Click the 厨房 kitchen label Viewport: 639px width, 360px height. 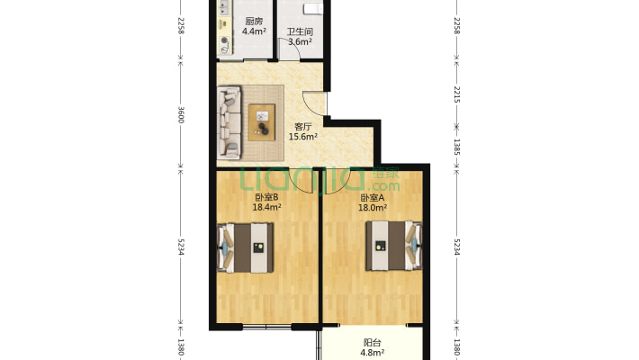point(254,22)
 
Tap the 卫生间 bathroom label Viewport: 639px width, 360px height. point(300,31)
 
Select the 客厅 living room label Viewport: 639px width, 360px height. point(302,126)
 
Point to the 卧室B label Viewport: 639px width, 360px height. point(266,197)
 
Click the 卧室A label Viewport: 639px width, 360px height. point(372,198)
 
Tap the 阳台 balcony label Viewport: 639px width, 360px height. point(372,343)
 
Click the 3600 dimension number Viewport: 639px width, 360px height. point(181,115)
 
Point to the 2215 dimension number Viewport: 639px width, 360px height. point(457,95)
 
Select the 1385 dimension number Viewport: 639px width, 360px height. point(457,148)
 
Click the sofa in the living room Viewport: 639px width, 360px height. point(229,122)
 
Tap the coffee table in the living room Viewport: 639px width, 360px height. point(262,122)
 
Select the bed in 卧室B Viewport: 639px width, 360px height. point(246,247)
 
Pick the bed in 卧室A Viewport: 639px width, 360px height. point(393,246)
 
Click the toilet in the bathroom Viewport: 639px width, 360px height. point(313,9)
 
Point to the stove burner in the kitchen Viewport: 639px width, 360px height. point(224,40)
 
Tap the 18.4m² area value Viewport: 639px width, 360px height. point(266,207)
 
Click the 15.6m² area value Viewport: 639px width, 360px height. point(302,137)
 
